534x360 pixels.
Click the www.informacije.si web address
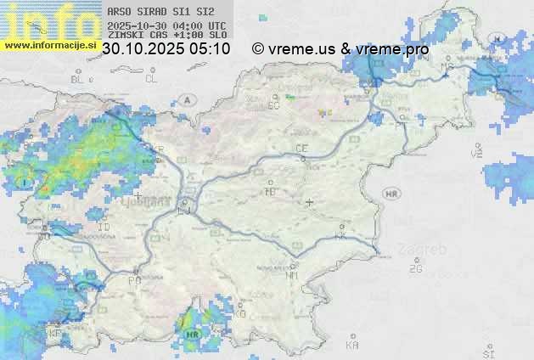[x=49, y=45]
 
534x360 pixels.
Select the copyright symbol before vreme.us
[x=258, y=49]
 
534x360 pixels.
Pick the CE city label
[x=301, y=149]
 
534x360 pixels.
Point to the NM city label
[x=293, y=275]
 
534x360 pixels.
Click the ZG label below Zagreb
[x=415, y=269]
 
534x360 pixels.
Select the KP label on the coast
[x=54, y=334]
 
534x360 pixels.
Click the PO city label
[x=134, y=280]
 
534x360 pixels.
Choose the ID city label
[x=104, y=228]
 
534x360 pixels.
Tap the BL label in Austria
[x=78, y=79]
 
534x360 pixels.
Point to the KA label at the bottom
[x=352, y=345]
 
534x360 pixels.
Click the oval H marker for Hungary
[x=498, y=37]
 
